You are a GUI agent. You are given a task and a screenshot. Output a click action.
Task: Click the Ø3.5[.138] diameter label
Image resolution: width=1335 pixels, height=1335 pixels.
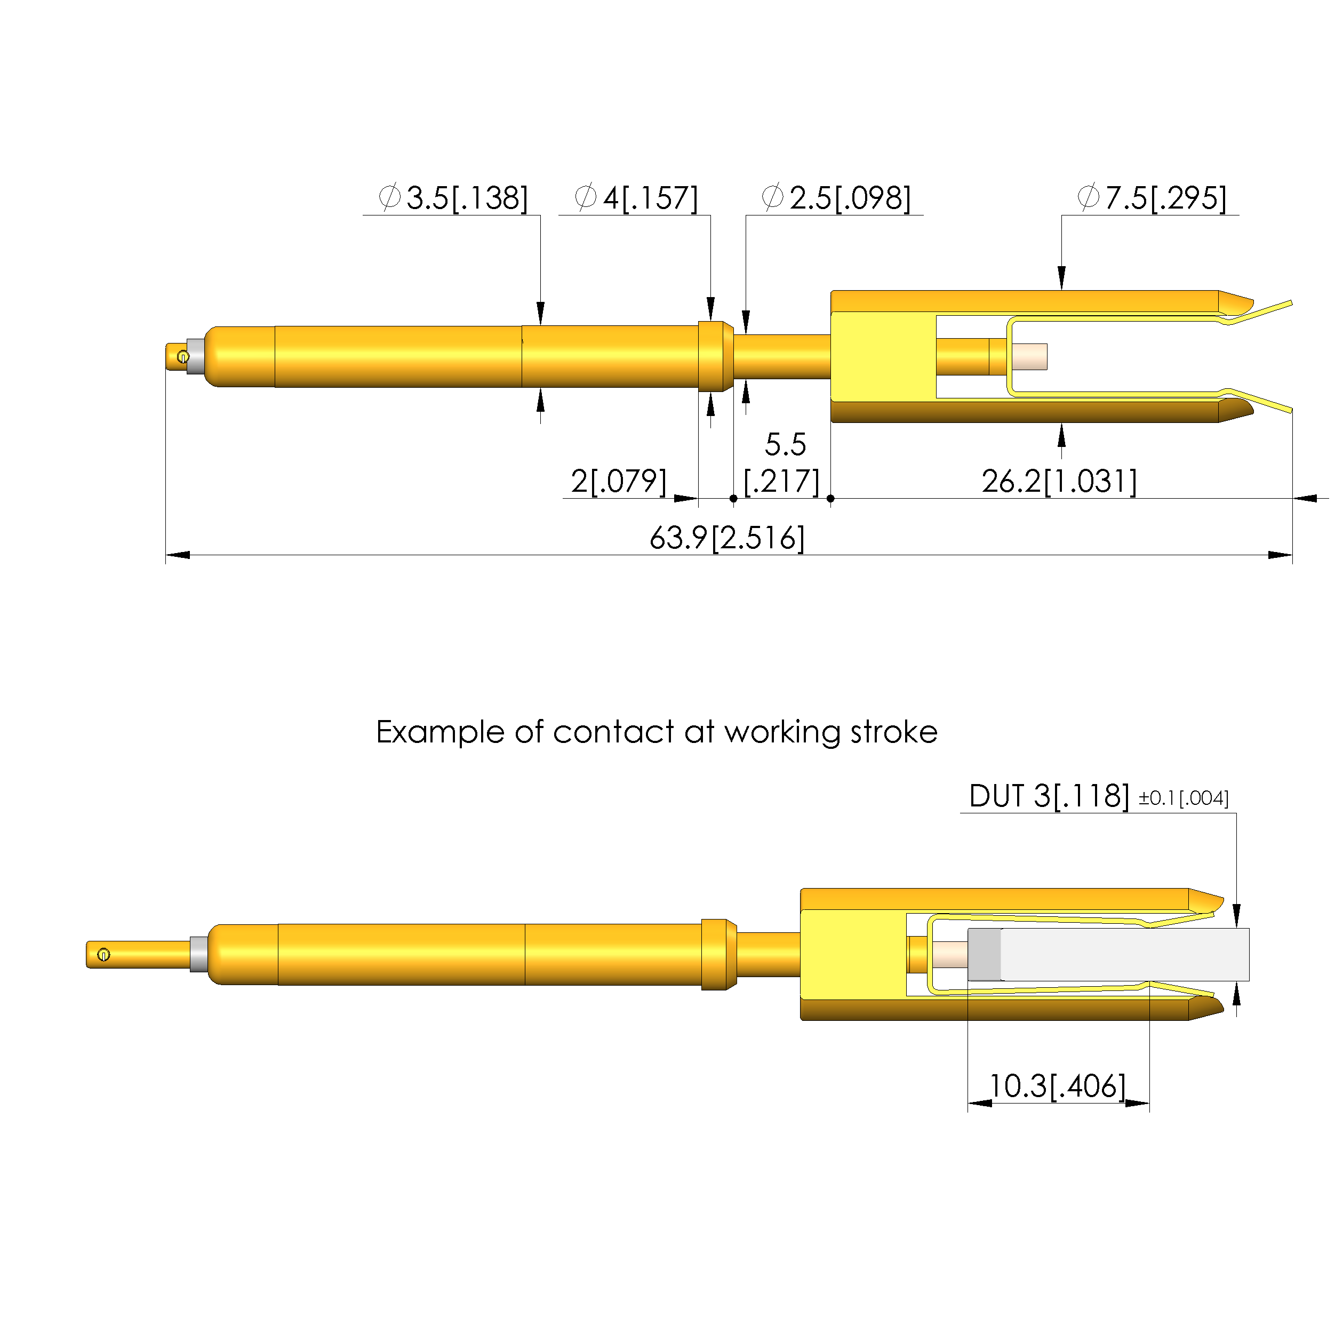tap(453, 198)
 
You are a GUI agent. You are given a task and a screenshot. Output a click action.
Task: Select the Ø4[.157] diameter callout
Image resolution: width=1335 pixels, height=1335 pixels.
tap(636, 198)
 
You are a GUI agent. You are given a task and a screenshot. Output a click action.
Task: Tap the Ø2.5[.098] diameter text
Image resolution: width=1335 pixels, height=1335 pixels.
tap(836, 198)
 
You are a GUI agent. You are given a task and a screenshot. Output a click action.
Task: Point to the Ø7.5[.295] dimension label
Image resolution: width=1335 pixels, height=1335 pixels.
tap(1152, 198)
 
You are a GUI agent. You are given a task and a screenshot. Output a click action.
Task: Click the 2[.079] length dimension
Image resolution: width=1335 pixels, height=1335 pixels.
tap(619, 481)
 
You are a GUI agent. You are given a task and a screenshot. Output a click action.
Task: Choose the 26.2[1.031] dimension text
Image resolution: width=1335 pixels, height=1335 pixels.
tap(1059, 481)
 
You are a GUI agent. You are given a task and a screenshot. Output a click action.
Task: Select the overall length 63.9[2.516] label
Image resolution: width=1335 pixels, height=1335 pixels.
tap(727, 538)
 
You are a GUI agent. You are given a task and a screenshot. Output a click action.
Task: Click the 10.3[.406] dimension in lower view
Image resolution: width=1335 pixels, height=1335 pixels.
tap(1057, 1085)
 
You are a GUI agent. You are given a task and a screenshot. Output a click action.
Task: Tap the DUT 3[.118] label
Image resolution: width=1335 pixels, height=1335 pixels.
tap(1049, 796)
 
